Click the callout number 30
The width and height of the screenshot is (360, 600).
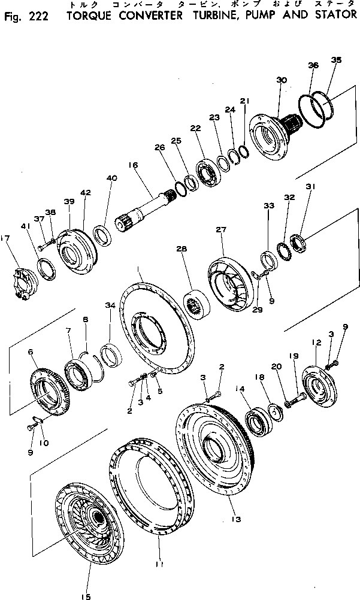pos(282,80)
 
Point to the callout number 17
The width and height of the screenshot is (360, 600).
pos(6,238)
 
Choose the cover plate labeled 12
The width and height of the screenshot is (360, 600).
pos(321,390)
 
